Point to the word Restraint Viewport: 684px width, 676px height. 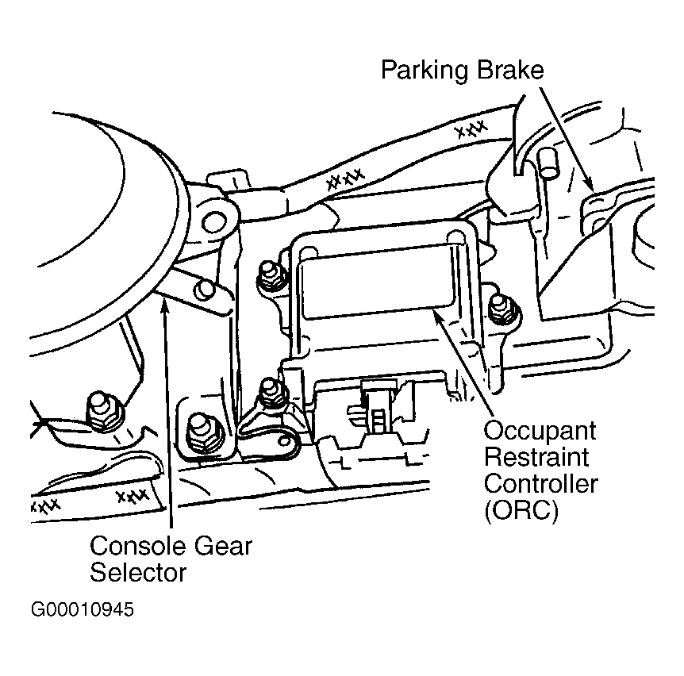click(x=536, y=457)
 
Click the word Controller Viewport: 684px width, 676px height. click(x=540, y=483)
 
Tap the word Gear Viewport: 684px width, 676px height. click(x=223, y=547)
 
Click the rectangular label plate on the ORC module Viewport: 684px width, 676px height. click(x=378, y=281)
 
